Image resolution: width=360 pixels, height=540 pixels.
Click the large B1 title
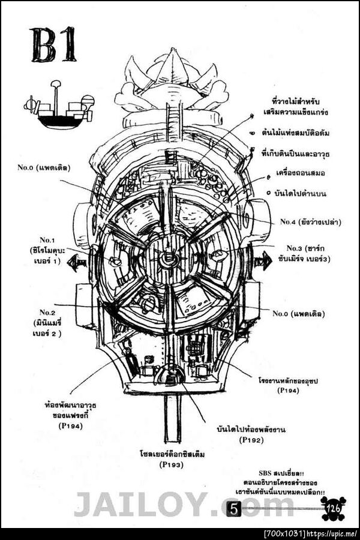[x=53, y=45]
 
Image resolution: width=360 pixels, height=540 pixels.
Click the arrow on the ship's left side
[x=76, y=263]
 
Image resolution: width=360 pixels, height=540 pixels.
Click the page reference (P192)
[x=251, y=440]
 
